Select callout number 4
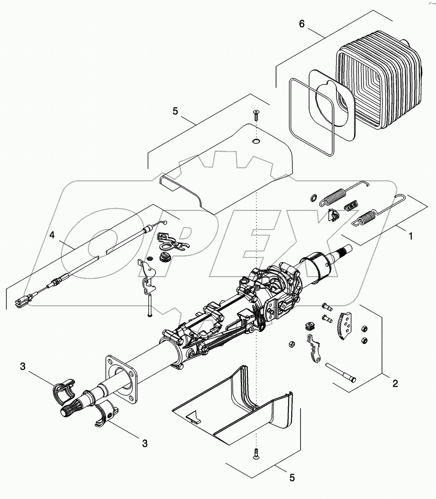point(52,235)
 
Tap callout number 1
point(410,236)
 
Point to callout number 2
point(395,383)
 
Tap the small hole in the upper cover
point(256,141)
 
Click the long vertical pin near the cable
point(149,305)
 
